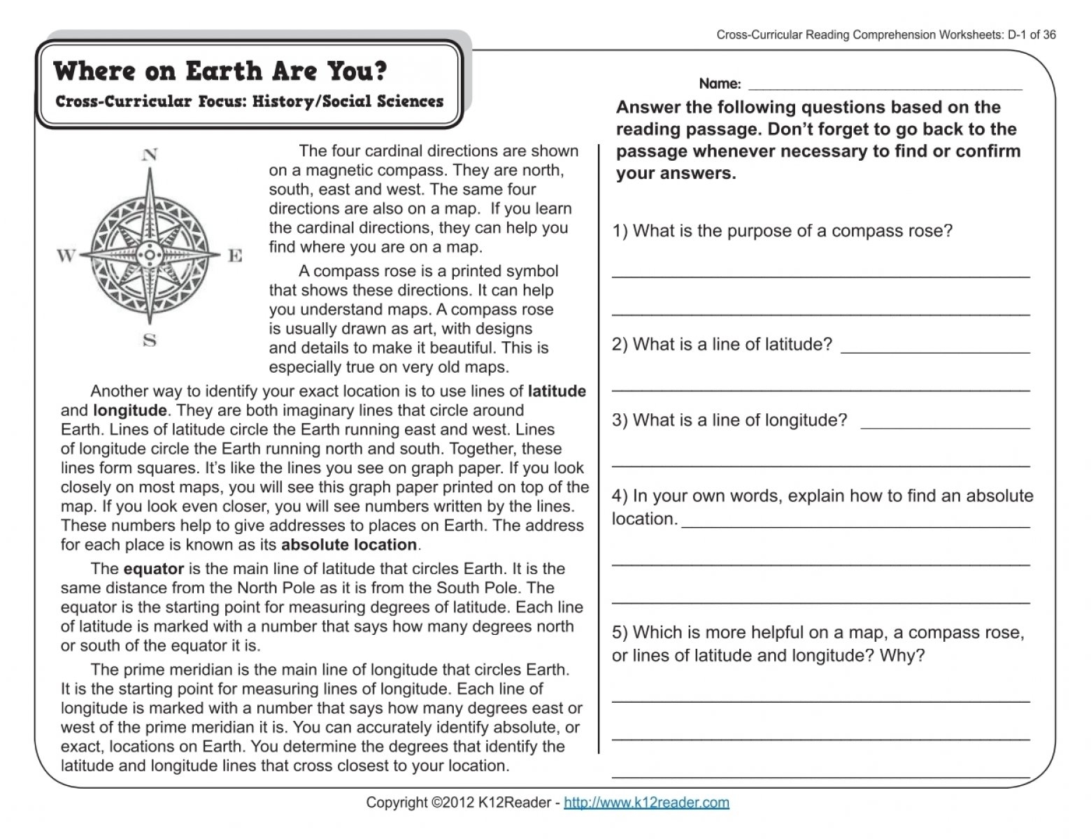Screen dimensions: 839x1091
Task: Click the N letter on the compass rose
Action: (149, 155)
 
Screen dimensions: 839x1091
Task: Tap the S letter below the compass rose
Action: (149, 341)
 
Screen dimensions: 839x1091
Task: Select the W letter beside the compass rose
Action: (66, 256)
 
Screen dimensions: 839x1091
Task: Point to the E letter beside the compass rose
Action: (236, 256)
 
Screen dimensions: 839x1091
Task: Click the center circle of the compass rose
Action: (150, 253)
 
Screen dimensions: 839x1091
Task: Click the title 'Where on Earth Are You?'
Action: (220, 71)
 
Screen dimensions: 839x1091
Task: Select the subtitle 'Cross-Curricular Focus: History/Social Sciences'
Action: (249, 101)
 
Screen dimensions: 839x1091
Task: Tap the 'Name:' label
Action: (720, 84)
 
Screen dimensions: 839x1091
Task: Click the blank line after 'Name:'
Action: (885, 88)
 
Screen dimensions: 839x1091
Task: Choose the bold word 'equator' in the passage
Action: (153, 569)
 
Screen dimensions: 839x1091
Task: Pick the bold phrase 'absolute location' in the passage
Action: (349, 545)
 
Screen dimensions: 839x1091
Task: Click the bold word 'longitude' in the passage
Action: (130, 410)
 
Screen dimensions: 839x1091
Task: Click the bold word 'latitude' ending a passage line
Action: (557, 392)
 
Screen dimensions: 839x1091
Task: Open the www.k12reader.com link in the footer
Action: (646, 803)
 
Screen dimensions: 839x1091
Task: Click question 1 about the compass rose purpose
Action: (783, 231)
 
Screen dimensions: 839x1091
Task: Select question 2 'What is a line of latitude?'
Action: (722, 345)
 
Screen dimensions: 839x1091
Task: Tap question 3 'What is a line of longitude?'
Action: (729, 420)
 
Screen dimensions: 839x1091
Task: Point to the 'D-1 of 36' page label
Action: (1032, 35)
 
